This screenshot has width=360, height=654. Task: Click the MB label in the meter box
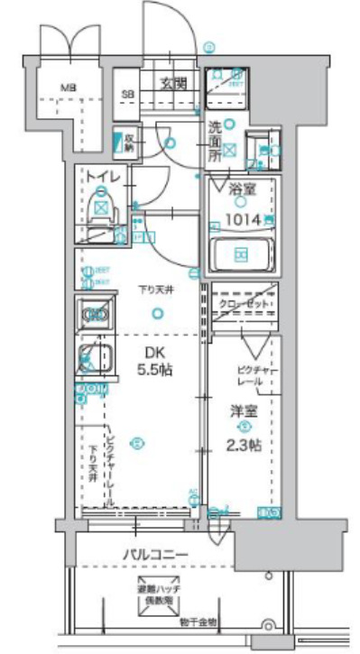click(68, 88)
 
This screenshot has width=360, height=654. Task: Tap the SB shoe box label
click(129, 93)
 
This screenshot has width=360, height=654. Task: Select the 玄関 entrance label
click(174, 84)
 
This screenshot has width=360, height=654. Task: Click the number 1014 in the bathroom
click(239, 218)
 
